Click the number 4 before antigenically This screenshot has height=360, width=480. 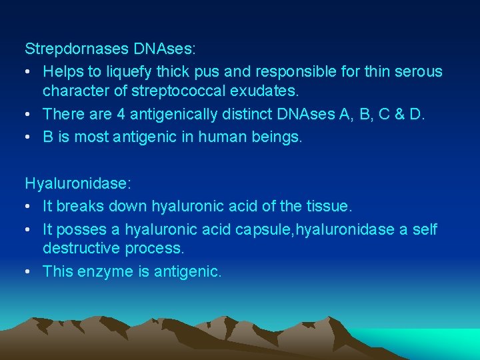(x=121, y=114)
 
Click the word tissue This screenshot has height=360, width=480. (x=331, y=206)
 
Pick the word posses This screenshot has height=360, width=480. (x=80, y=229)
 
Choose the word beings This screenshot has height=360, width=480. (x=279, y=137)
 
